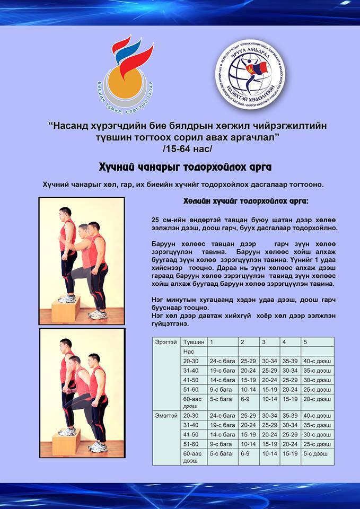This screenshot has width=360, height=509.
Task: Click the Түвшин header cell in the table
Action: tap(192, 342)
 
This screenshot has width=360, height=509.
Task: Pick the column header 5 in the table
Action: tap(305, 342)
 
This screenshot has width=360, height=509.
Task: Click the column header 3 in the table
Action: tap(264, 342)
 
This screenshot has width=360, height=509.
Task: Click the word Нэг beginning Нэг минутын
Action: tap(157, 300)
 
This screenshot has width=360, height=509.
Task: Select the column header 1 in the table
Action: tap(212, 342)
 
